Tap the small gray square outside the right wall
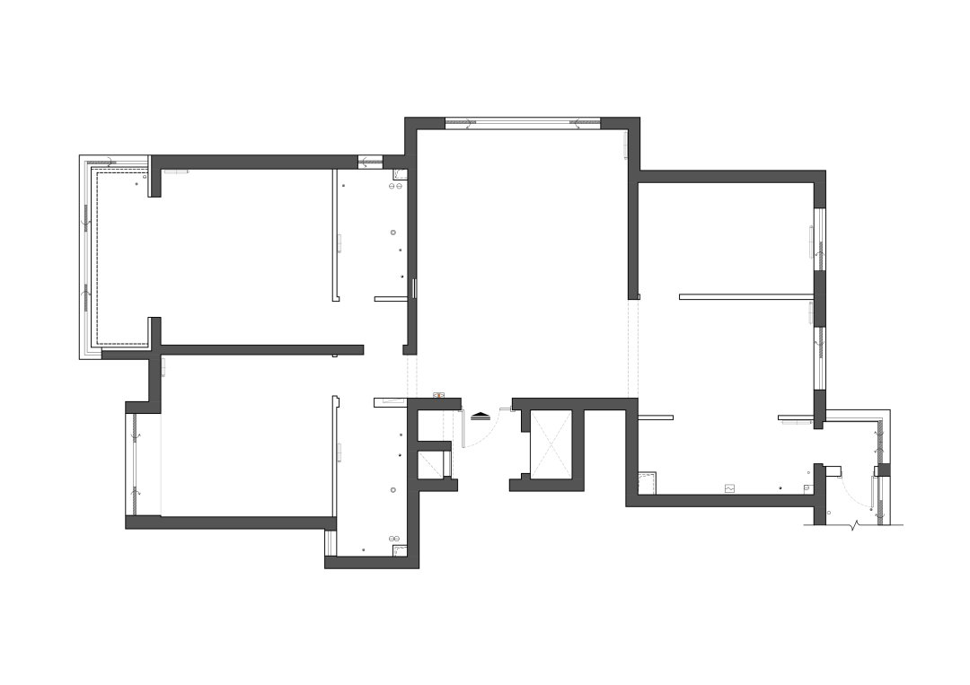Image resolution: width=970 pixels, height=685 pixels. click(x=884, y=470)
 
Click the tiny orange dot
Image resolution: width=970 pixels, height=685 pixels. click(x=438, y=395)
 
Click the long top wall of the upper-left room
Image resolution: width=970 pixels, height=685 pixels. click(x=255, y=162)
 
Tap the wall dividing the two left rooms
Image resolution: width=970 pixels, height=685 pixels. click(x=260, y=350)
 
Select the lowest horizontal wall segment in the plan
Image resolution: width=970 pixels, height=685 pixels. click(x=371, y=563)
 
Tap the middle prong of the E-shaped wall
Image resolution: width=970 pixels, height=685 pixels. click(x=435, y=445)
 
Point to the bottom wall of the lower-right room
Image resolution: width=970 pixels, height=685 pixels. click(x=723, y=500)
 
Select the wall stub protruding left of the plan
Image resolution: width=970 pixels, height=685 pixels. click(x=126, y=356)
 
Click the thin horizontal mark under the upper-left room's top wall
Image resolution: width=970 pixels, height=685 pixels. click(x=176, y=172)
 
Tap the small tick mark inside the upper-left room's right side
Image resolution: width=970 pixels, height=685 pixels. click(x=339, y=242)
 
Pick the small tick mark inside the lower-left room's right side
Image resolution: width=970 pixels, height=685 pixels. click(x=339, y=453)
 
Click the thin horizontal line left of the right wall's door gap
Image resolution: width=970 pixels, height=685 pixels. click(x=794, y=422)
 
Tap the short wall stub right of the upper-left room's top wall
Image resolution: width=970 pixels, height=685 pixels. click(x=395, y=162)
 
